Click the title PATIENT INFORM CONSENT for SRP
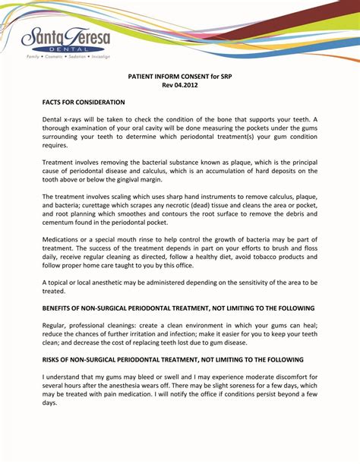(179, 76)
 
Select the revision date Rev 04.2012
(179, 85)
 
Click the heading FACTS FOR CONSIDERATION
(83, 102)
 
